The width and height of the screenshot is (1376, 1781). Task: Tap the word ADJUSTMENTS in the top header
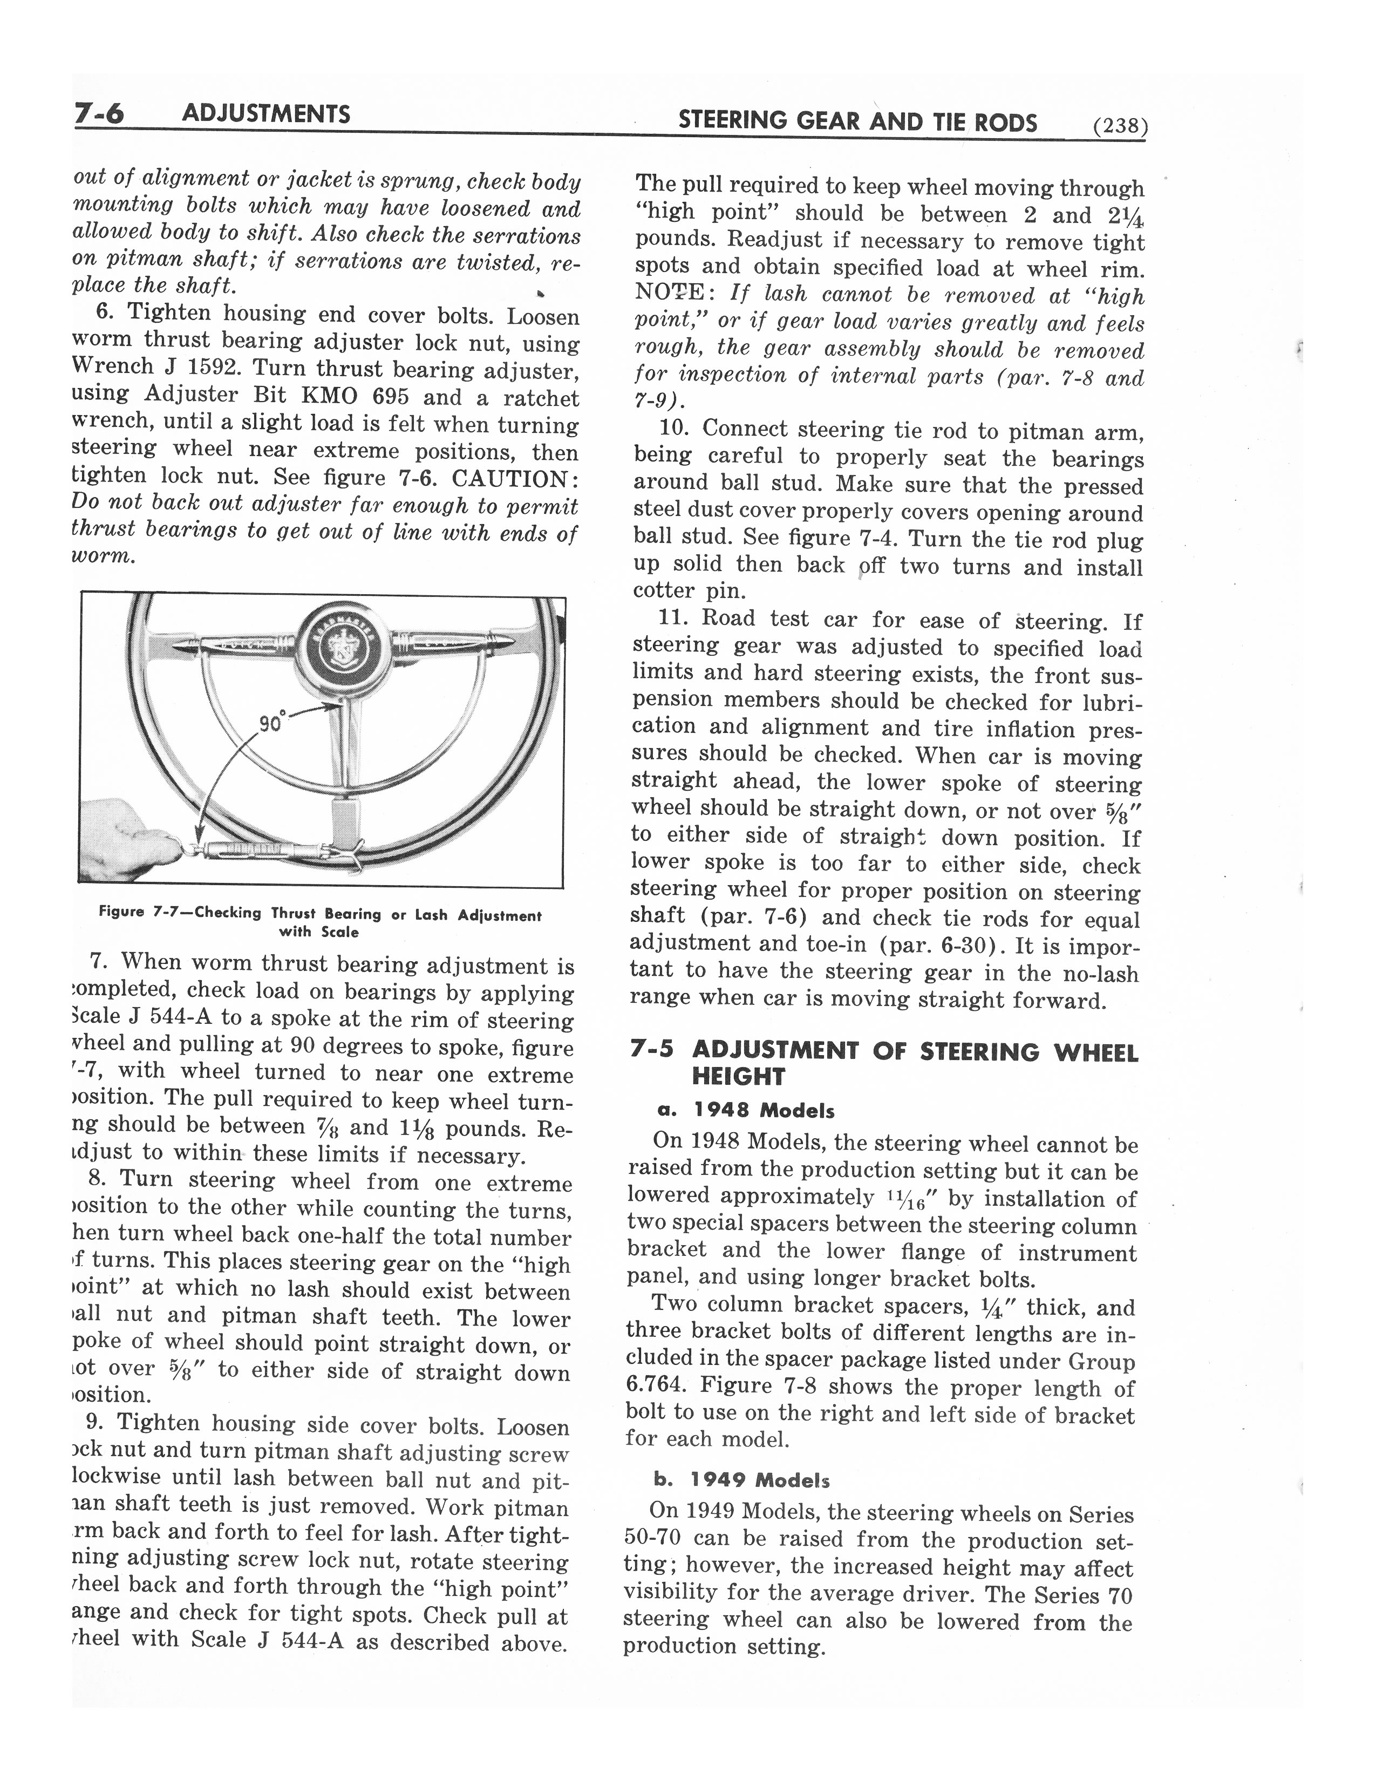[x=265, y=114]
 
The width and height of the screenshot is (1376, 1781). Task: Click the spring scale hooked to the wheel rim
[x=269, y=848]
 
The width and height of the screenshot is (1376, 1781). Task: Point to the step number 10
[x=675, y=429]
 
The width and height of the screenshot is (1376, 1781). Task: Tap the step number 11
[x=674, y=618]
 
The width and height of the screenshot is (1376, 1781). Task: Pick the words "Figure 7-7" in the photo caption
[x=134, y=913]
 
